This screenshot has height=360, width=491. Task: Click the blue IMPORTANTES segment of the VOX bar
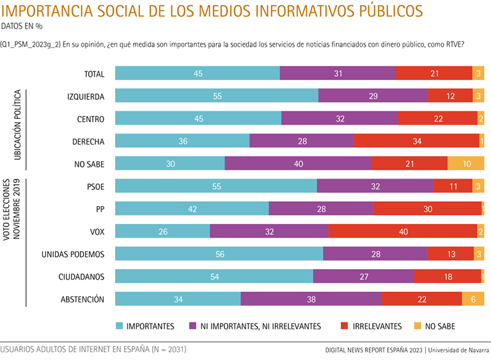click(162, 231)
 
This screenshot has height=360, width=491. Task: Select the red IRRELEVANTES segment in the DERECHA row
click(416, 141)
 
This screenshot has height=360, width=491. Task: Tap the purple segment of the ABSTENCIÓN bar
click(310, 299)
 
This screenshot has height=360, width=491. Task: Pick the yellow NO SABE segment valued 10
click(465, 163)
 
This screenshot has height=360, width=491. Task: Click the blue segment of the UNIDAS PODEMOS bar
click(219, 253)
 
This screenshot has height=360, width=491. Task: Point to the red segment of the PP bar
click(427, 208)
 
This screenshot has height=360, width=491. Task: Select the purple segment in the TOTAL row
click(338, 73)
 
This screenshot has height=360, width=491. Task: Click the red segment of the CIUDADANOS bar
click(447, 276)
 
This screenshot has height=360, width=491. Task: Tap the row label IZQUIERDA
click(86, 96)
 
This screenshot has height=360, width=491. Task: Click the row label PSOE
click(95, 186)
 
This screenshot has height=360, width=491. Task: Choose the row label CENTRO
click(91, 118)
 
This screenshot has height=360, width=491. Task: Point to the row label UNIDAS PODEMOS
click(73, 254)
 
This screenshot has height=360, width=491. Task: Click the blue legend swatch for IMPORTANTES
click(120, 326)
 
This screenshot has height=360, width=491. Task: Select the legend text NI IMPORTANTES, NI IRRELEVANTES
click(260, 326)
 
